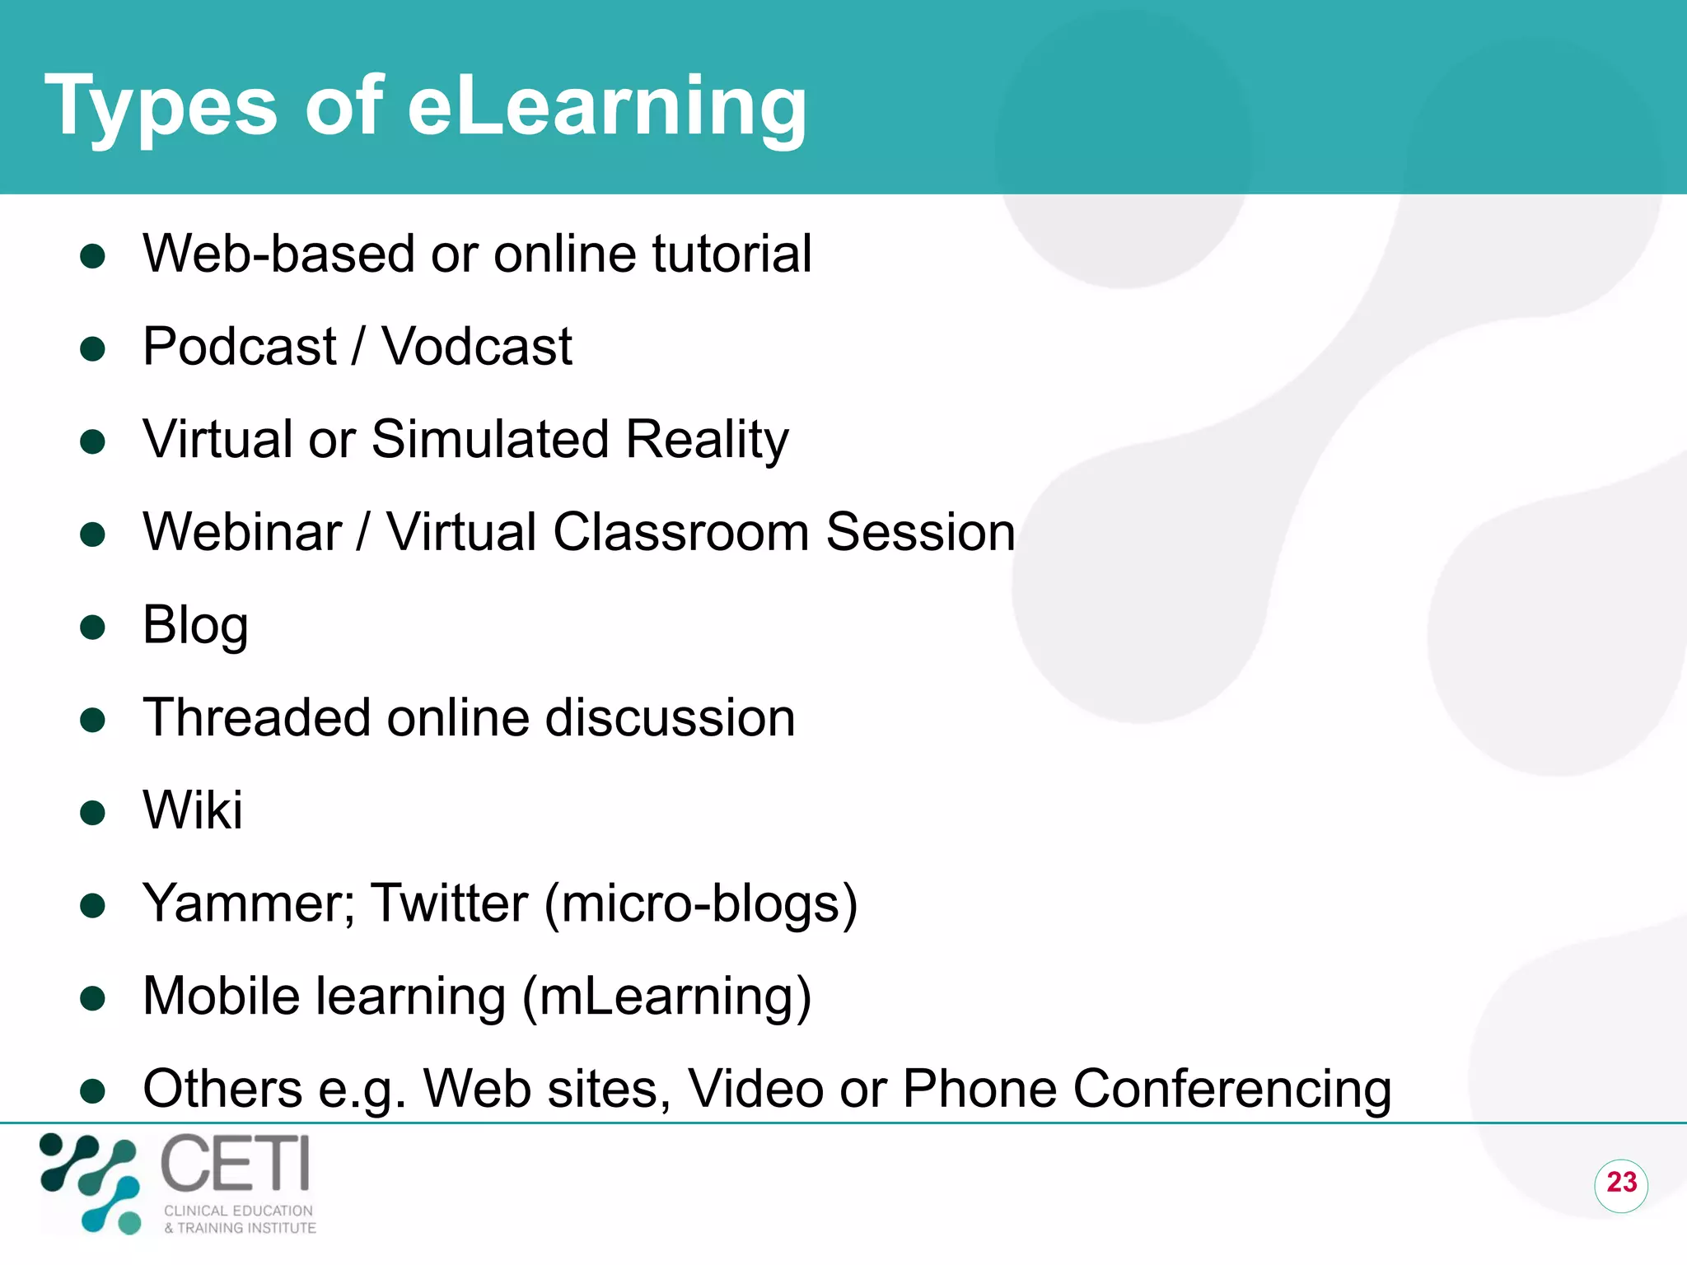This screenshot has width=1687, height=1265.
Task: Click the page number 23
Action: coord(1621,1183)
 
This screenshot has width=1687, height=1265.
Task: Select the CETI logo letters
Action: coord(235,1163)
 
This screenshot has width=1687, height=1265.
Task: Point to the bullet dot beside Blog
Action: coord(93,628)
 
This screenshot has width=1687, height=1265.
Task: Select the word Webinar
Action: coord(242,532)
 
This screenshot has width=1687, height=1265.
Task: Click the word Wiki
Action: coord(193,810)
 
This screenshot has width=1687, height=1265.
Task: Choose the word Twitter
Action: coord(450,904)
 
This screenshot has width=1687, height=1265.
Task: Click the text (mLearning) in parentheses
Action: coord(667,997)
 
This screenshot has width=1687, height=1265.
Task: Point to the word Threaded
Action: coord(256,717)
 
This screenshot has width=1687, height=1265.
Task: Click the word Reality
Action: coord(707,440)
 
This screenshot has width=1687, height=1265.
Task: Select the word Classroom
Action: coord(681,532)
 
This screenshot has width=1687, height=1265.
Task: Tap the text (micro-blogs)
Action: coord(701,904)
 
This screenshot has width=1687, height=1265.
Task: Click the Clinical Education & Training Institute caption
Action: coord(240,1219)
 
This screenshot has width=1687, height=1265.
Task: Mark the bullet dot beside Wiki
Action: coord(93,814)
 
